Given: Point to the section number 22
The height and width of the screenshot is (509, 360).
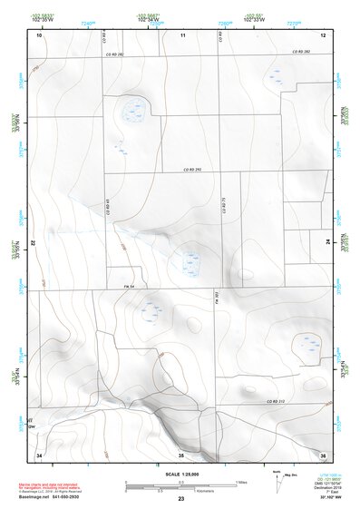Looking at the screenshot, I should point(32,244).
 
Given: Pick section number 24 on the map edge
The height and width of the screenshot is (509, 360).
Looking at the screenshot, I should point(328,243).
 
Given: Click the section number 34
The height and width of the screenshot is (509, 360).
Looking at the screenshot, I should point(39,454).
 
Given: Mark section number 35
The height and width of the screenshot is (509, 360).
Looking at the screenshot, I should point(181,454).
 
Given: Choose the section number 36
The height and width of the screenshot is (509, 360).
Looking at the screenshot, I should point(323,454).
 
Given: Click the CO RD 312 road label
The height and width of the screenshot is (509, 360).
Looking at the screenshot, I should point(276,400).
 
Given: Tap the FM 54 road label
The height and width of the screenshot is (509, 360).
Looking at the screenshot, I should point(130,287).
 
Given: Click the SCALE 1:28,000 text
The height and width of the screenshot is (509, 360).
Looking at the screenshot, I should point(181,475).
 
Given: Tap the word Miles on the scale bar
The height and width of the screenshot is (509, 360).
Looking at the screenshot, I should point(240,481).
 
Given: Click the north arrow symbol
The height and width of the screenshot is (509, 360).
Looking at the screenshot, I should point(276,480).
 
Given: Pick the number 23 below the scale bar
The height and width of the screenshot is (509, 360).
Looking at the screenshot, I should point(181,500).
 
